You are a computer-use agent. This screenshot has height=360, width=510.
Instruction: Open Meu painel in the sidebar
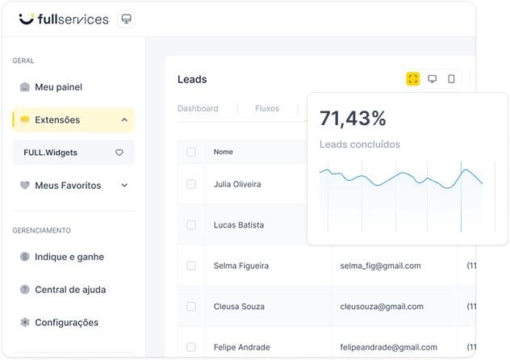click(58, 87)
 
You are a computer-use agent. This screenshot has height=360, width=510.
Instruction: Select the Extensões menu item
click(56, 119)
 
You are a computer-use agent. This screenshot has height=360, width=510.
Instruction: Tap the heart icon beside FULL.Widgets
click(119, 153)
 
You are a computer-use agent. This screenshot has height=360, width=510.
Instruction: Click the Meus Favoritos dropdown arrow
click(124, 186)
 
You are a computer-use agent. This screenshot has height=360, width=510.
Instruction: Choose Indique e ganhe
click(69, 257)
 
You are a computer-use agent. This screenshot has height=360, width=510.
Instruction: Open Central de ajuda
click(69, 290)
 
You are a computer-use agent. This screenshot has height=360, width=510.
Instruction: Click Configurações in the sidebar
click(66, 322)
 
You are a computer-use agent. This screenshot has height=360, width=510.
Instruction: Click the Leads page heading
click(192, 79)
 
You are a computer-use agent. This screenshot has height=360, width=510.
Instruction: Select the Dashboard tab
click(198, 108)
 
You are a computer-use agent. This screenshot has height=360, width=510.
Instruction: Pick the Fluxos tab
click(267, 108)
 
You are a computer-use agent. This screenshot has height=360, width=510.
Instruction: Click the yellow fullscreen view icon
click(412, 79)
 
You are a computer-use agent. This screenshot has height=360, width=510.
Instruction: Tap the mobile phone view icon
click(451, 79)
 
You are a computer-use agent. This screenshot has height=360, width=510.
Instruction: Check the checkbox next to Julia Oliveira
click(191, 184)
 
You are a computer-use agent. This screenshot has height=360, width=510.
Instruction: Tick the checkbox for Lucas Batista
click(191, 224)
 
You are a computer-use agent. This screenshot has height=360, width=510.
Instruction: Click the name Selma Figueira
click(241, 266)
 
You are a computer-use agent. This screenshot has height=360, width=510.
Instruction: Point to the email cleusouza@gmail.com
click(382, 307)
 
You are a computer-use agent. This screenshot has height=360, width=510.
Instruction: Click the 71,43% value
click(353, 119)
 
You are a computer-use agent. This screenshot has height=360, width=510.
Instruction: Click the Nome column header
click(224, 152)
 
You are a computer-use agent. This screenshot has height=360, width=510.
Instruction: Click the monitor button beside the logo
click(126, 19)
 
